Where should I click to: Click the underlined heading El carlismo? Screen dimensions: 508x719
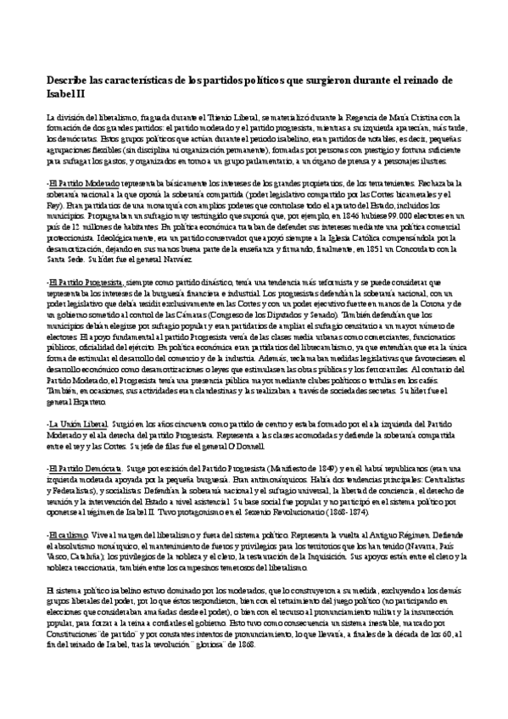pos(68,537)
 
